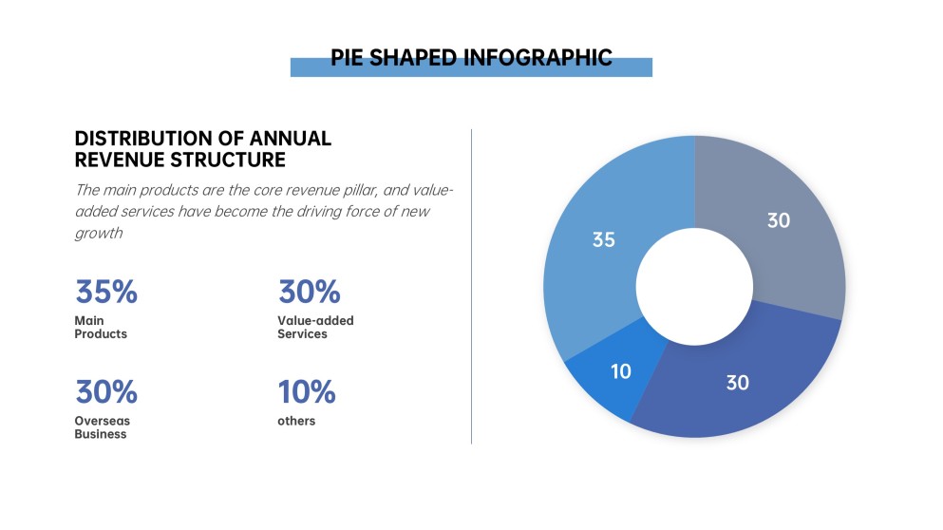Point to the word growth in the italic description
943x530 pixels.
click(99, 233)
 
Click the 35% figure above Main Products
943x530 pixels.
click(105, 293)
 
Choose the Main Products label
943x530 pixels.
click(100, 328)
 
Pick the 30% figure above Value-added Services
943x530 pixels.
click(309, 293)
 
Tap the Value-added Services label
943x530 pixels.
click(315, 328)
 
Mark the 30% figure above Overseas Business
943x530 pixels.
click(105, 391)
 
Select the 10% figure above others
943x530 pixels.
click(307, 391)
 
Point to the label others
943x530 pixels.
click(296, 421)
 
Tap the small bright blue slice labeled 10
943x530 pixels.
click(608, 380)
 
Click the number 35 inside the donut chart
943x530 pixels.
click(603, 239)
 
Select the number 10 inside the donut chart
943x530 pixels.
click(620, 371)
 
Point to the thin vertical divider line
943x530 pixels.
click(471, 285)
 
